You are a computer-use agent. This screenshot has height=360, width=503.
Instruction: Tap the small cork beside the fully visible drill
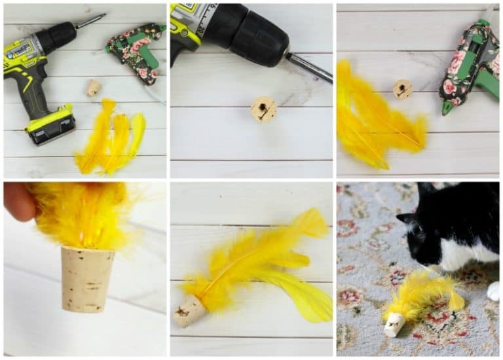(94, 88)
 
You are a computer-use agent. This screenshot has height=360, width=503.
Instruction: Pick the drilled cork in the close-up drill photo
(263, 109)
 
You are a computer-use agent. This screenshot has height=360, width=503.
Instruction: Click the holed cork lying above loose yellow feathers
(402, 89)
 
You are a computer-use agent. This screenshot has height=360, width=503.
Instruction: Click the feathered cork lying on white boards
(191, 310)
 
